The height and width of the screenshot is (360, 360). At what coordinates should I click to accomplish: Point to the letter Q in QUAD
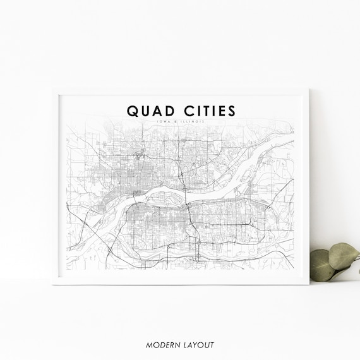(132, 110)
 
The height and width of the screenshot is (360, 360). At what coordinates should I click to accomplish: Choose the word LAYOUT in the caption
(198, 345)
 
